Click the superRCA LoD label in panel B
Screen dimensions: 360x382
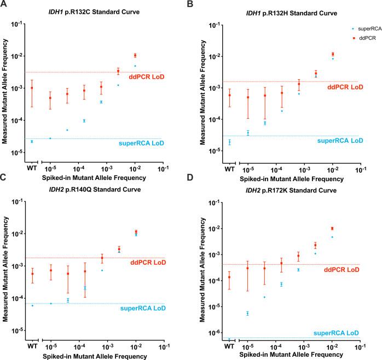[x=340, y=141]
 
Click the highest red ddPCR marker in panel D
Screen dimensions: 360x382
[x=332, y=228]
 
